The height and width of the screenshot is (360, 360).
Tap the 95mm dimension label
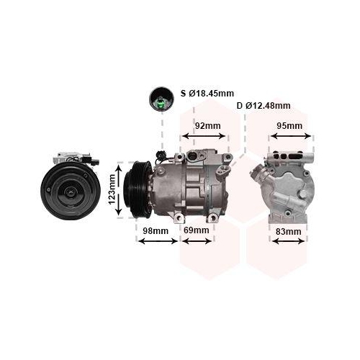290,125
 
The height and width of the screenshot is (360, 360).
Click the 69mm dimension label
196,230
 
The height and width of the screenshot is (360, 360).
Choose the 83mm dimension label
289,231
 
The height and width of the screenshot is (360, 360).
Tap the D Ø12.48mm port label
264,107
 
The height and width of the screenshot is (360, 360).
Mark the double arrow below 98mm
157,241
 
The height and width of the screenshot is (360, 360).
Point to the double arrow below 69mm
197,241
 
